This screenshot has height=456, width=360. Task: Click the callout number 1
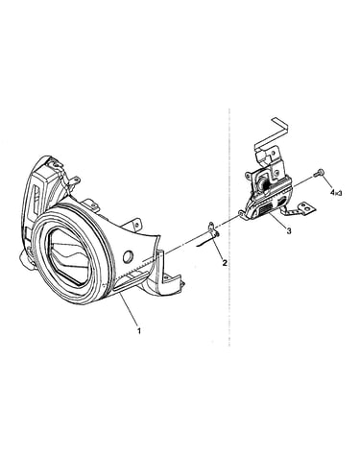139,330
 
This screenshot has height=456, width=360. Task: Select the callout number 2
225,263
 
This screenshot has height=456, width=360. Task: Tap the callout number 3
289,230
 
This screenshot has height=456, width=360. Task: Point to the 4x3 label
336,193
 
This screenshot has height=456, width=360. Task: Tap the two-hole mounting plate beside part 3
305,207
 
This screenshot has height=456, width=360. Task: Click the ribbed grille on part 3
265,211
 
